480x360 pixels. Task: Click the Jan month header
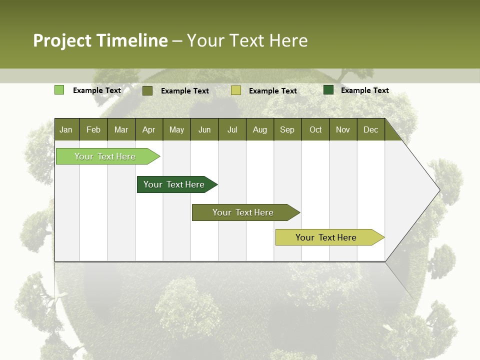tap(66, 130)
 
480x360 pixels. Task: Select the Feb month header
tap(93, 130)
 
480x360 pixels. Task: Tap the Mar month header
tap(121, 130)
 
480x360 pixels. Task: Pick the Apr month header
tap(148, 130)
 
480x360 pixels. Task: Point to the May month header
tap(176, 130)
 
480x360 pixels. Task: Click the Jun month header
tap(204, 130)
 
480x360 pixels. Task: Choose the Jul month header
tap(232, 130)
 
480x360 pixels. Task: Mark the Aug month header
tap(260, 130)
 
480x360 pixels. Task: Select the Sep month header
tap(287, 130)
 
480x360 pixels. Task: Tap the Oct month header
tap(315, 130)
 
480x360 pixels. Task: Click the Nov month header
tap(343, 130)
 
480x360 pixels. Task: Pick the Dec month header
tap(371, 130)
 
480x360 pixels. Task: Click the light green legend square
tap(59, 90)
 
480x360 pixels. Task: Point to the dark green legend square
tap(328, 90)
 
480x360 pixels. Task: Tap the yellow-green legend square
tap(236, 90)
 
